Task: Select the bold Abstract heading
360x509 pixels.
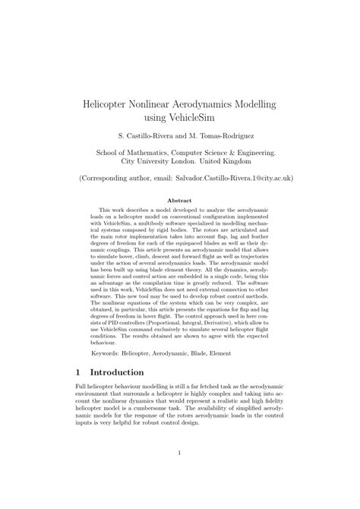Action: pyautogui.click(x=179, y=201)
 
